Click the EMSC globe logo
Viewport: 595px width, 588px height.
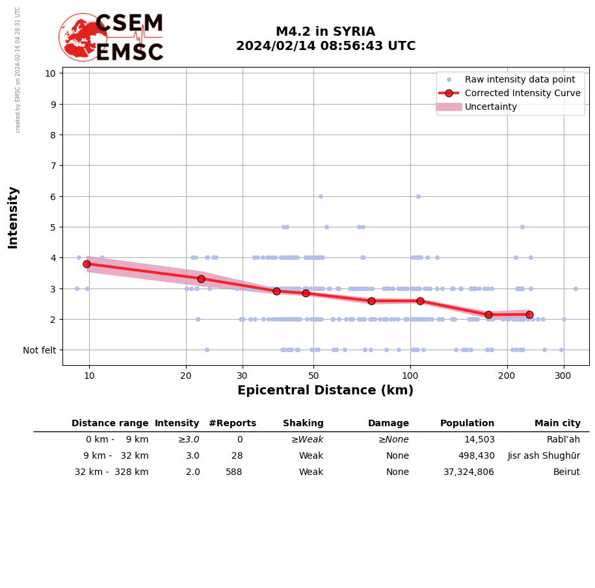click(x=83, y=37)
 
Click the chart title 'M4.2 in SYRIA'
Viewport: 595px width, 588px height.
click(x=325, y=32)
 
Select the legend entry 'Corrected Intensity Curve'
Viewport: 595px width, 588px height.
click(x=522, y=93)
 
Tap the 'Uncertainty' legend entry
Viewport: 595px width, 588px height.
click(x=490, y=107)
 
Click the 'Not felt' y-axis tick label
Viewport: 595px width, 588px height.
click(x=40, y=350)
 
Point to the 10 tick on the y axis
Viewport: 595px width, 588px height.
click(x=50, y=73)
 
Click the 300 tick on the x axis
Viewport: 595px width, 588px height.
click(x=563, y=375)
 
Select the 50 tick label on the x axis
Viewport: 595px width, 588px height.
click(x=313, y=375)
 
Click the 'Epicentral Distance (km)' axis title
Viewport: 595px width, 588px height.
click(x=325, y=390)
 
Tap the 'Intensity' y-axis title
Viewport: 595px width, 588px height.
click(x=13, y=218)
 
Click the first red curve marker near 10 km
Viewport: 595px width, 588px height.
click(x=86, y=264)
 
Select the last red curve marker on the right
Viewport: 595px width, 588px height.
click(x=529, y=314)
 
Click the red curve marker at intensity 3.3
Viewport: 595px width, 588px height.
click(x=201, y=279)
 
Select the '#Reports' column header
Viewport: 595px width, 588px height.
click(x=232, y=424)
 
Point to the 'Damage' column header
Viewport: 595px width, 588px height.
click(x=388, y=424)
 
